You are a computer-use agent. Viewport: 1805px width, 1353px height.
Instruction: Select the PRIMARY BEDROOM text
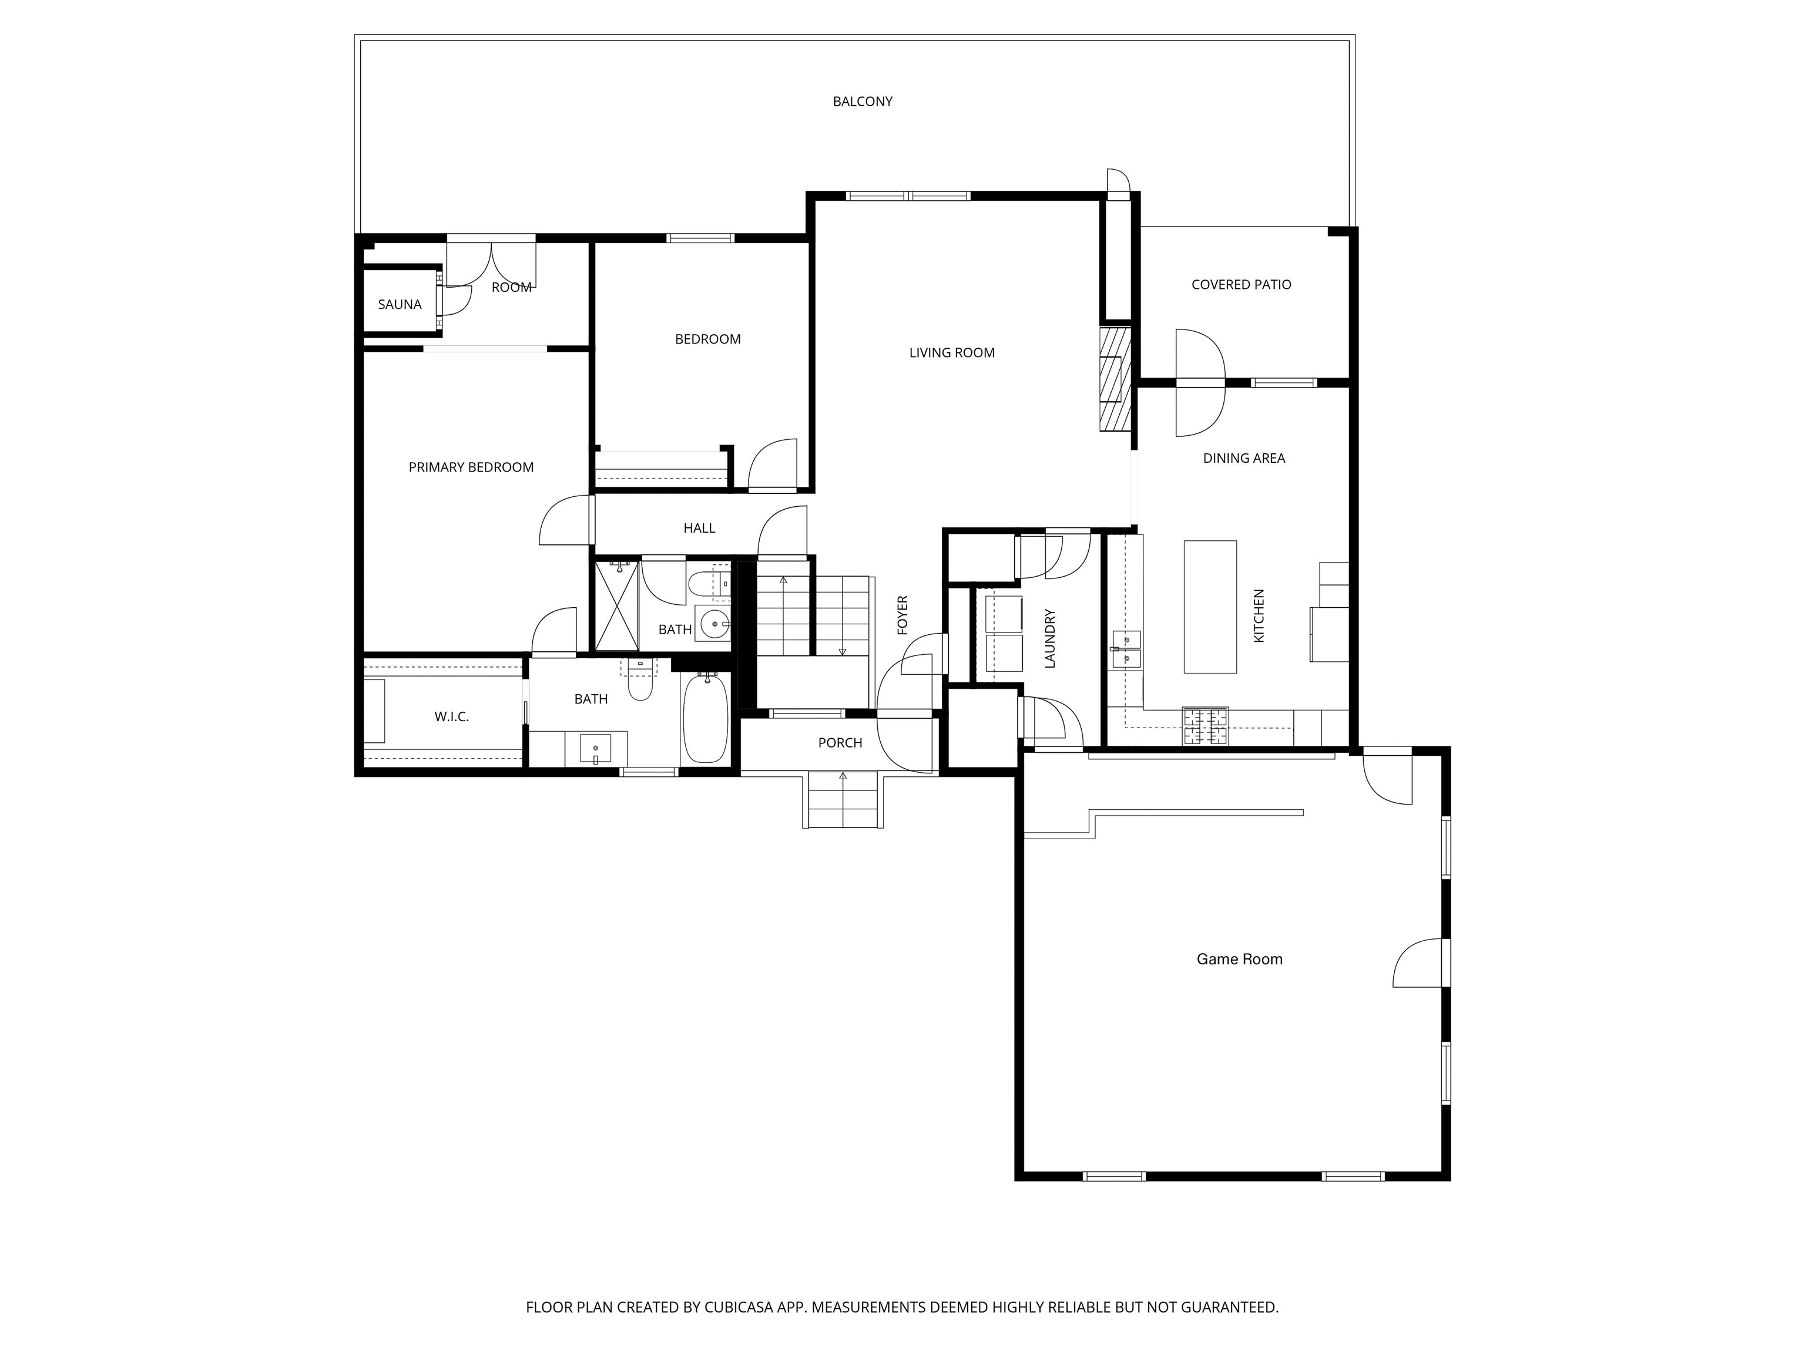(471, 467)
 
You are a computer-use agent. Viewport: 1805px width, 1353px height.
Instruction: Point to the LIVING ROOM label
(951, 353)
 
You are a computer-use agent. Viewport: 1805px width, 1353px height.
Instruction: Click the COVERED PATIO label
(1240, 285)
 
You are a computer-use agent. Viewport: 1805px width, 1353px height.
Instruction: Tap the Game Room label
(1239, 959)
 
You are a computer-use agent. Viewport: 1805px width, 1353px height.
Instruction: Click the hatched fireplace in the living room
(1115, 379)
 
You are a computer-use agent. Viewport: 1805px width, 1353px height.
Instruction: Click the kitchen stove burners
(1205, 726)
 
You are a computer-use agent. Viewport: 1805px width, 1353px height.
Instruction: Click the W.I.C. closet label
(451, 717)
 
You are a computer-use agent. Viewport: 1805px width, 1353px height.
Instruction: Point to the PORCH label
(840, 743)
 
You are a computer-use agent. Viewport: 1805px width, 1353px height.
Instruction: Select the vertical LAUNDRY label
(1050, 638)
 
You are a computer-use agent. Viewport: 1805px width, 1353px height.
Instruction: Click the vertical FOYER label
(902, 615)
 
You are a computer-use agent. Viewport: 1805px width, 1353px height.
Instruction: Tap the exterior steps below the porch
(843, 799)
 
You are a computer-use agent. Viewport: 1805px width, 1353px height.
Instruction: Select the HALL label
(699, 529)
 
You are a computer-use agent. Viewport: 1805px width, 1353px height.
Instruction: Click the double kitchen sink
(1128, 648)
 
